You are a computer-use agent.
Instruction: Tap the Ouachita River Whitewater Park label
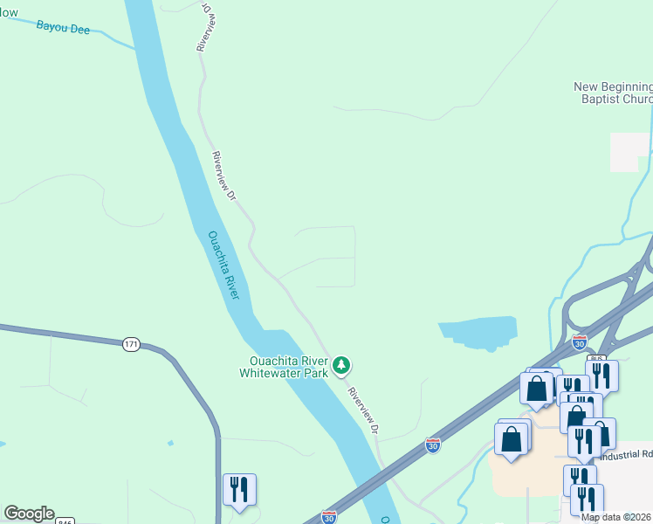(289, 366)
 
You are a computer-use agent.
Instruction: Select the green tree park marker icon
(342, 364)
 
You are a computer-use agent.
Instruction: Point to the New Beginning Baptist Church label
(613, 93)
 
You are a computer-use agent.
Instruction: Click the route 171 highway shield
(131, 344)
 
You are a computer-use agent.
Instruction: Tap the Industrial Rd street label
(635, 453)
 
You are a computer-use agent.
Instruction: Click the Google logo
(29, 514)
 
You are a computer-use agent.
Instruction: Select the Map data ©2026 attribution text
(616, 517)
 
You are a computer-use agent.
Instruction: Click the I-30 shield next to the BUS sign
(579, 343)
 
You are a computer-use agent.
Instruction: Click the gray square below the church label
(629, 152)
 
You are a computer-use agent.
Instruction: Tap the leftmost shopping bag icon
(512, 438)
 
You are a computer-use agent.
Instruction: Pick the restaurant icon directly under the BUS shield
(601, 375)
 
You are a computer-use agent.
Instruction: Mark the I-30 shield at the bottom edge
(328, 518)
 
